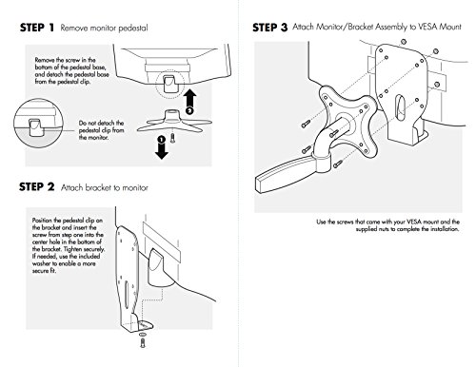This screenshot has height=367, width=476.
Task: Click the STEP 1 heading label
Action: (37, 28)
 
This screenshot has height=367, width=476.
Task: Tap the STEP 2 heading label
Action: (37, 187)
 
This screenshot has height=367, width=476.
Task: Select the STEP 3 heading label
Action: (270, 28)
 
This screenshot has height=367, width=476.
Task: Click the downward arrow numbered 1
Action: (162, 147)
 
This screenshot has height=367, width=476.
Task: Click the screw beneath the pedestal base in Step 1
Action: (172, 138)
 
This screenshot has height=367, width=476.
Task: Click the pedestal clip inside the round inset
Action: (35, 127)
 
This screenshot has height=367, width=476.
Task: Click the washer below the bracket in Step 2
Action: (143, 335)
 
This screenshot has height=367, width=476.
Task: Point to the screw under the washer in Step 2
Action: (143, 342)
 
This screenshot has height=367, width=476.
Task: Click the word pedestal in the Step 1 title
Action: (132, 29)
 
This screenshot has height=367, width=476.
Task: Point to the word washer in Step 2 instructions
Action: (42, 263)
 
